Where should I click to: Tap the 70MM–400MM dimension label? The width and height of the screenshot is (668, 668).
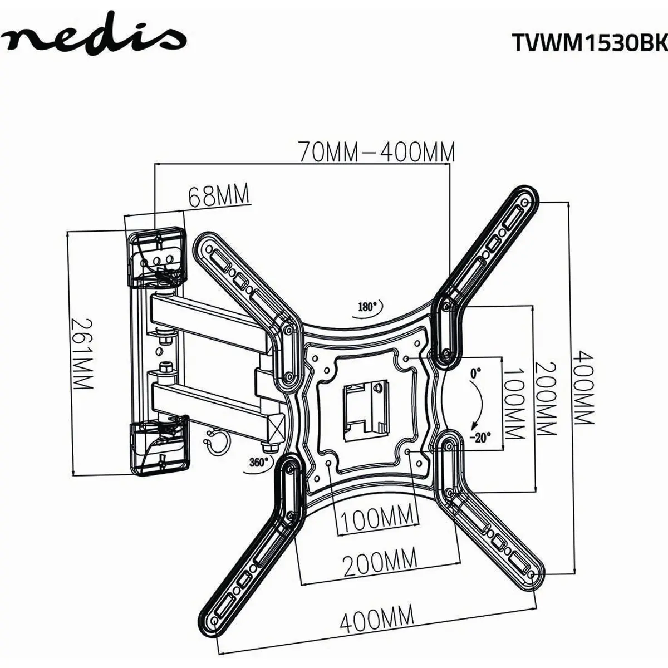(x=377, y=152)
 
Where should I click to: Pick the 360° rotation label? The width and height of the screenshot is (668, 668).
(x=259, y=462)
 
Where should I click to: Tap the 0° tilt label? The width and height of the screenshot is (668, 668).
(x=475, y=373)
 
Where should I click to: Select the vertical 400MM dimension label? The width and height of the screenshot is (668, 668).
(x=583, y=388)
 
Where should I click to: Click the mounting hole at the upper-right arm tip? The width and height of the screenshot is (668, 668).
(x=525, y=202)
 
